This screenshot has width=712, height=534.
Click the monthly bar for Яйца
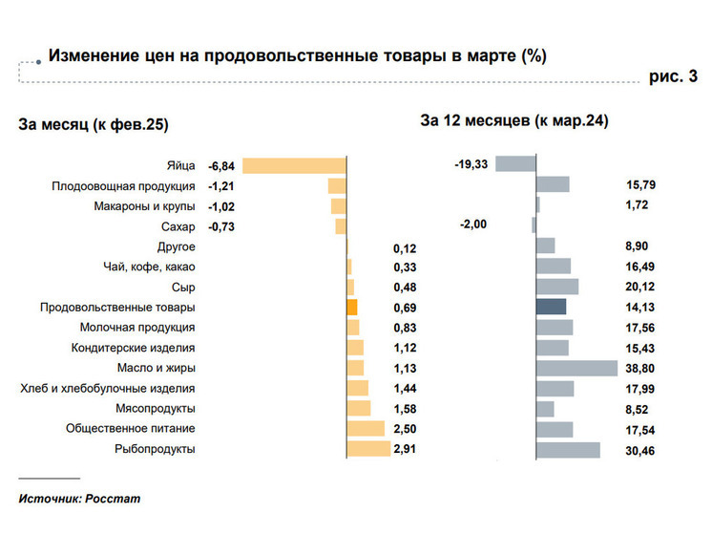click(294, 165)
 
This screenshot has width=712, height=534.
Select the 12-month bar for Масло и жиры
click(577, 368)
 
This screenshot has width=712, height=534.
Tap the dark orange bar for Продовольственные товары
click(351, 308)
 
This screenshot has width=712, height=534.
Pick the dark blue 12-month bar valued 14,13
click(552, 307)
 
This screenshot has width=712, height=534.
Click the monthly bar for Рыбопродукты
click(368, 449)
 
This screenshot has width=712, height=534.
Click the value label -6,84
click(221, 166)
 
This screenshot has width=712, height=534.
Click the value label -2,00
click(472, 224)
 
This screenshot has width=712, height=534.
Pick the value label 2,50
click(405, 430)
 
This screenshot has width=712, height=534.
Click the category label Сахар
click(178, 226)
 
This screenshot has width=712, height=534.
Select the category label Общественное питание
click(131, 429)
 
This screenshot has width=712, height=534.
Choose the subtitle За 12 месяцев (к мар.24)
click(514, 121)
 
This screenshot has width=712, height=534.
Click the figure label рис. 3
click(673, 77)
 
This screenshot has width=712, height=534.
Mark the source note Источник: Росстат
click(72, 498)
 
